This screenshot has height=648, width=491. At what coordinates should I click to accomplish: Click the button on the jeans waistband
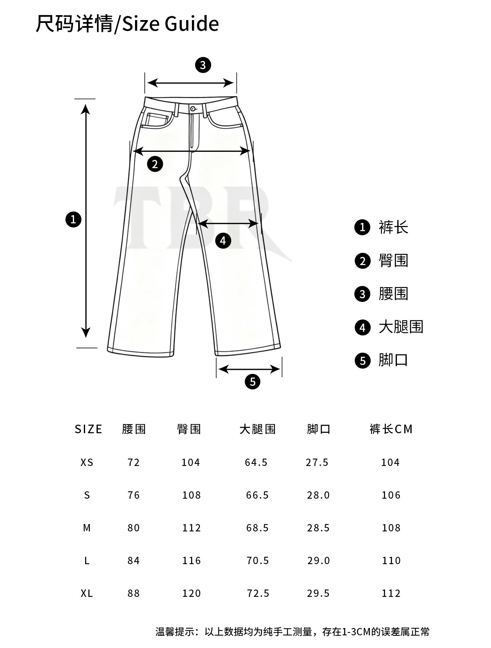point(193,108)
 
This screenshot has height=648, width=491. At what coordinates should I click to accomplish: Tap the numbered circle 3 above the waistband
point(203,65)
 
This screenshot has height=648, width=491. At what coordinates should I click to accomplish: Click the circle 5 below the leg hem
point(252,382)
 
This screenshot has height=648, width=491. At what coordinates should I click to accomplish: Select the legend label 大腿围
point(401,327)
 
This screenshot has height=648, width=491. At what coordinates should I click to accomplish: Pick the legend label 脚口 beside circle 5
point(393,360)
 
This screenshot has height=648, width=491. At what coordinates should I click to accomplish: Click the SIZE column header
point(88,429)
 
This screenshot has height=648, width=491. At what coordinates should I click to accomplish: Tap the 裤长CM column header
point(391,429)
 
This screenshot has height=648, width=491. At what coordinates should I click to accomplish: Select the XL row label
point(87,593)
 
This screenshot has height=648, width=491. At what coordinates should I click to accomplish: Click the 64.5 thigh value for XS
point(256,462)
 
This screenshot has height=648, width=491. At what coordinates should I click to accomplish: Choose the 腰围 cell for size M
point(134,528)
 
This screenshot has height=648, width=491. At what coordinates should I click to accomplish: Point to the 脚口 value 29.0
point(318,560)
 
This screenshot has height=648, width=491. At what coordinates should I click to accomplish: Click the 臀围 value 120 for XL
point(191,593)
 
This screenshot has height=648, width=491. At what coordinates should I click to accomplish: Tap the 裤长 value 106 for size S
point(391,495)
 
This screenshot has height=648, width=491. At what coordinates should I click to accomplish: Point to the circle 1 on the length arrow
point(74,220)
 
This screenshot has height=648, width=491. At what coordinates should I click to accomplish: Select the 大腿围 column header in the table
point(257,429)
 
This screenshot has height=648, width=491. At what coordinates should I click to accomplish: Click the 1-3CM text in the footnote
point(356,632)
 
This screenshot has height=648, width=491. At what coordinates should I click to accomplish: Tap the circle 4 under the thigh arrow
point(223,241)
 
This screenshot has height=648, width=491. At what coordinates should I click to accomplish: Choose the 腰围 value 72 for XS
point(134,462)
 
